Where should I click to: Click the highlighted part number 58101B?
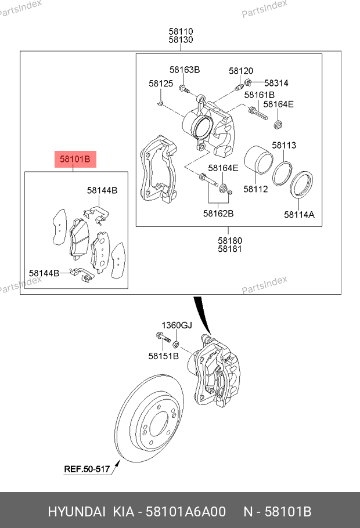74,158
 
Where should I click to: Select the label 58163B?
185,70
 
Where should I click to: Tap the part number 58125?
161,84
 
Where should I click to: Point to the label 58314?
276,83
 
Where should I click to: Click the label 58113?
284,145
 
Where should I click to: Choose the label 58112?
255,189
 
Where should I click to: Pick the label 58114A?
299,214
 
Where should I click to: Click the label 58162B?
218,213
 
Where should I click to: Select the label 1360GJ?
176,325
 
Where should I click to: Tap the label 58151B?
163,356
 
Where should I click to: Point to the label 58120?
241,71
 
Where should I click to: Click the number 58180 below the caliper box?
230,240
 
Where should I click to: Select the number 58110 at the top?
181,31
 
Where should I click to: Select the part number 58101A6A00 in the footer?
186,512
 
